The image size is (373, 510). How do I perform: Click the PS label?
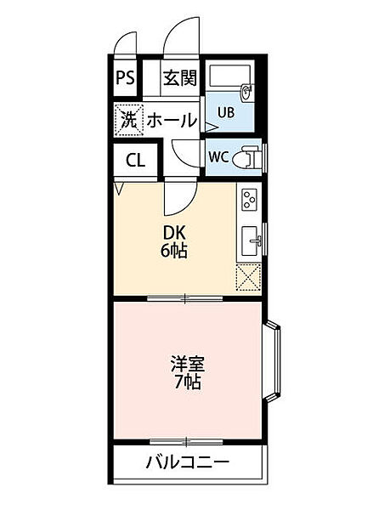click(125, 78)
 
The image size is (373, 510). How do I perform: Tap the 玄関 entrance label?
click(179, 78)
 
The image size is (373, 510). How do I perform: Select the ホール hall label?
click(172, 121)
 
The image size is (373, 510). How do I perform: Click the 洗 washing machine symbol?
click(127, 120)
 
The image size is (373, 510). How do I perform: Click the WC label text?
click(218, 156)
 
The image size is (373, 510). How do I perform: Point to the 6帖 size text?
click(175, 252)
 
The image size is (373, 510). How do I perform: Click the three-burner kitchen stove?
click(250, 201)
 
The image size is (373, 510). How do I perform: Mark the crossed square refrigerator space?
click(251, 277)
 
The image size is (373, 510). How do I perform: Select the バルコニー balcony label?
click(187, 463)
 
